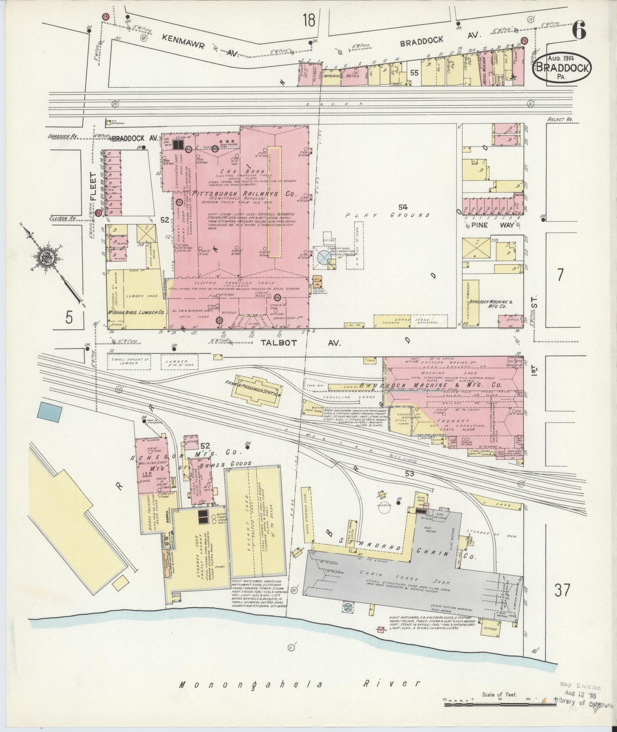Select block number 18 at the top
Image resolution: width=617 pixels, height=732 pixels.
[x=311, y=20]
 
